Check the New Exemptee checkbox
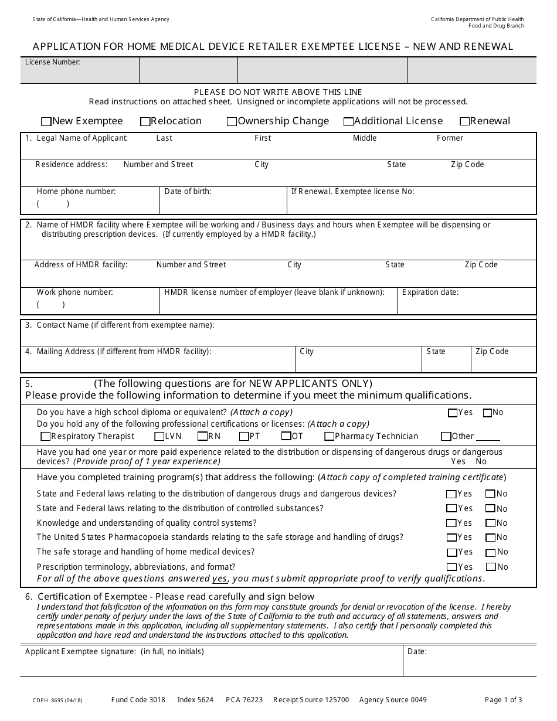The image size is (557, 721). click(x=46, y=122)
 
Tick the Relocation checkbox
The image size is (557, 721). click(x=145, y=122)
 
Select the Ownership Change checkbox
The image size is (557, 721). click(x=232, y=122)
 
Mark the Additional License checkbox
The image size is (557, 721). click(x=348, y=122)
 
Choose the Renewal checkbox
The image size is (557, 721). click(x=464, y=122)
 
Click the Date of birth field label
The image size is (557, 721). click(x=188, y=191)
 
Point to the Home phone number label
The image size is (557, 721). click(x=76, y=191)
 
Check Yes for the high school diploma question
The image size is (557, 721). click(x=452, y=413)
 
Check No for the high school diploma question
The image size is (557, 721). click(x=487, y=413)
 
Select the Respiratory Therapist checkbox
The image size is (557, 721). click(x=46, y=437)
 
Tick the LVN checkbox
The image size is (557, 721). click(x=159, y=437)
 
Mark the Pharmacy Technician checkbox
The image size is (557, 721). click(x=330, y=437)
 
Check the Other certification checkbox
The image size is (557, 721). click(x=446, y=437)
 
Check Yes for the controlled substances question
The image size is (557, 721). click(x=451, y=509)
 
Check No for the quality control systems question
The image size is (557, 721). click(x=490, y=523)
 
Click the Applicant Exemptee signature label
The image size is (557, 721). click(x=114, y=651)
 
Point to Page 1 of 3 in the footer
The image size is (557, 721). click(x=503, y=700)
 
